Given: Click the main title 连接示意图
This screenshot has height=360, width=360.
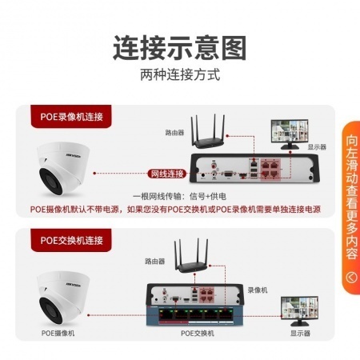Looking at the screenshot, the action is click(179, 48).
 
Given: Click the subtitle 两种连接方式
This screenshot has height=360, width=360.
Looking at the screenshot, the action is click(180, 74).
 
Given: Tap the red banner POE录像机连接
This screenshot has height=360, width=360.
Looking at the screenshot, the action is click(71, 117).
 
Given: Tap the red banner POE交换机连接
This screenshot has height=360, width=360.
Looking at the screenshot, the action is click(71, 240).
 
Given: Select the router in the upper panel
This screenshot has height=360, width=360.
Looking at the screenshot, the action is click(208, 133).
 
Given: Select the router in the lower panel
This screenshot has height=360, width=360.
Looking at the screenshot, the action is click(191, 256).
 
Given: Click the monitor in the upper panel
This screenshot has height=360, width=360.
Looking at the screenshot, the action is click(290, 134).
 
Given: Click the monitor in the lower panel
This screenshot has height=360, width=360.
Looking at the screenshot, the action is click(299, 311).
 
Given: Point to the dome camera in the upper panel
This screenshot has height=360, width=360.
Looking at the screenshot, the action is click(61, 169).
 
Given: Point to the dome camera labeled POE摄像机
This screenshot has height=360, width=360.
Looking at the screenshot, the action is click(61, 298).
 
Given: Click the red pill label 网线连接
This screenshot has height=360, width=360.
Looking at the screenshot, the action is click(167, 174).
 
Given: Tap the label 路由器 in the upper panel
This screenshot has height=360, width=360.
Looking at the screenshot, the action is click(174, 133).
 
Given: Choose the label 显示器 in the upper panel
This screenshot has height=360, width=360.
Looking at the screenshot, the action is click(317, 146).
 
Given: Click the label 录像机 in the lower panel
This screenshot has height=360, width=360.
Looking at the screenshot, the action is click(258, 290).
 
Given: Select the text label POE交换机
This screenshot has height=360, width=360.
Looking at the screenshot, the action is click(198, 334).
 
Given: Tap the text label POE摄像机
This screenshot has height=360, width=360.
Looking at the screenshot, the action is click(58, 334).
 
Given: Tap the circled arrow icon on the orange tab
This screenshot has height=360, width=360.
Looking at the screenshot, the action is click(351, 278).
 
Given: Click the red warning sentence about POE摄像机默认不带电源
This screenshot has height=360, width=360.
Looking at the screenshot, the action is click(175, 209).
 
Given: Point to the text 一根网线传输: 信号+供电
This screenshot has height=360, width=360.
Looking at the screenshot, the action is click(179, 197).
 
